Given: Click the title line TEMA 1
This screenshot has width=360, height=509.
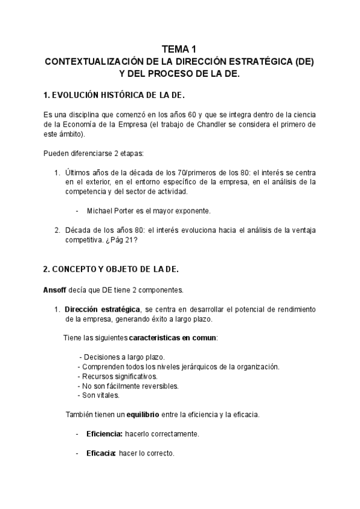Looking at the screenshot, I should click(179, 50).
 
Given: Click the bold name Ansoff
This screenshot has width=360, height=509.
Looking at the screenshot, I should click(55, 290).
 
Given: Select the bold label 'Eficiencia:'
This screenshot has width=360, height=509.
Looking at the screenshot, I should click(104, 433).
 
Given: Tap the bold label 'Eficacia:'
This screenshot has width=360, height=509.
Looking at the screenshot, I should click(101, 453).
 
